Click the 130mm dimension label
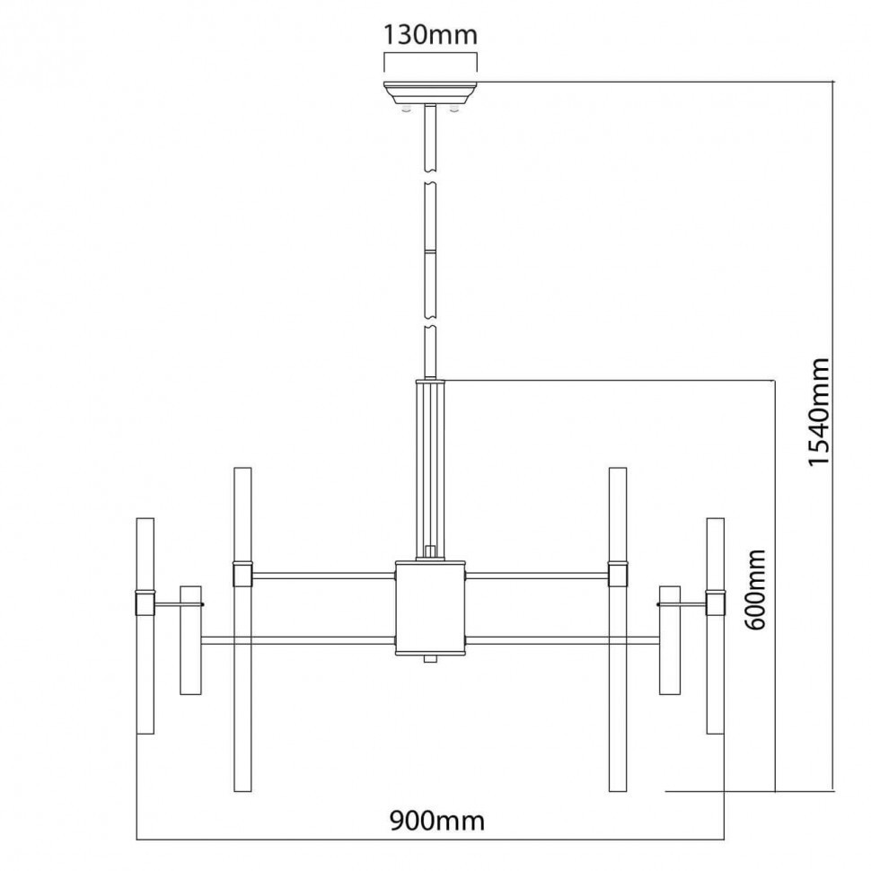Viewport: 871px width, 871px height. pyautogui.click(x=430, y=35)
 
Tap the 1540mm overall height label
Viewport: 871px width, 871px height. pyautogui.click(x=819, y=412)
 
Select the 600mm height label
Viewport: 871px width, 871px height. pyautogui.click(x=756, y=589)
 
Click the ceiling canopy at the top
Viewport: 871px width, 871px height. pyautogui.click(x=430, y=92)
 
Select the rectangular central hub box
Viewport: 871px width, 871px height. pyautogui.click(x=430, y=608)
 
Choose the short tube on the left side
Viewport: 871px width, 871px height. pyautogui.click(x=189, y=640)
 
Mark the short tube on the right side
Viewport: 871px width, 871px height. pyautogui.click(x=670, y=640)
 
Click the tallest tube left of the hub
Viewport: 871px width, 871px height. pyautogui.click(x=242, y=629)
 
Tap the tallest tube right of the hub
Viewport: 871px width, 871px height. pyautogui.click(x=618, y=629)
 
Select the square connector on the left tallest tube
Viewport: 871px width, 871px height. pyautogui.click(x=242, y=573)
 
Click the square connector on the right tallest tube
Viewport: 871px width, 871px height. pyautogui.click(x=618, y=573)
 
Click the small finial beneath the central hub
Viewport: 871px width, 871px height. pyautogui.click(x=430, y=660)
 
